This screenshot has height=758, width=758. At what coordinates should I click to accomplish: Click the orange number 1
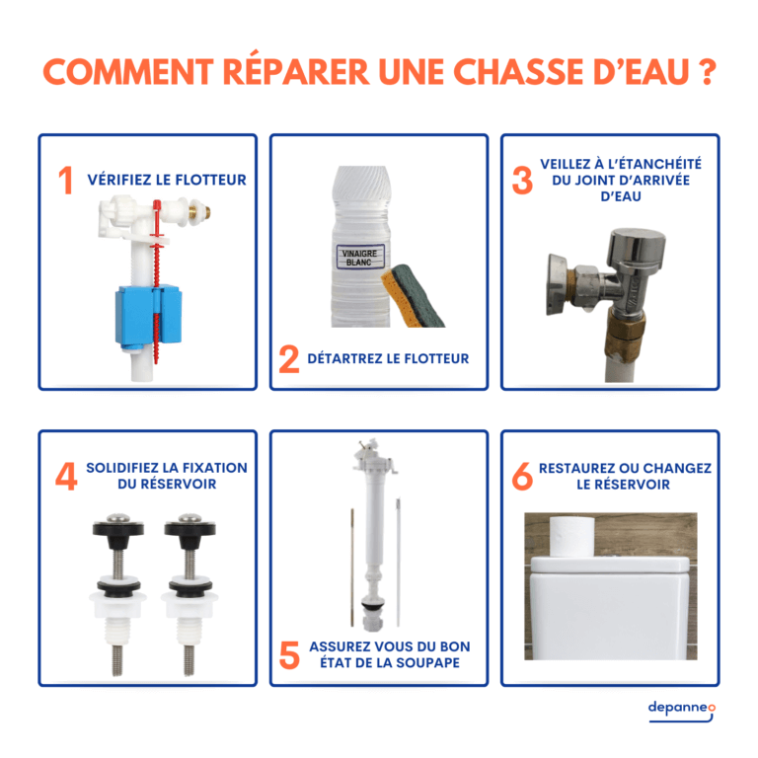click(x=66, y=181)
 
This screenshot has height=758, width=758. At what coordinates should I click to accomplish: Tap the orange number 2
click(x=289, y=359)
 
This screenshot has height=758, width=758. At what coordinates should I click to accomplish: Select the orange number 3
click(x=522, y=180)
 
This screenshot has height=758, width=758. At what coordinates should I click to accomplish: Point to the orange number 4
click(x=66, y=476)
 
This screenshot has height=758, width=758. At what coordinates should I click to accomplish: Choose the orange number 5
click(x=289, y=655)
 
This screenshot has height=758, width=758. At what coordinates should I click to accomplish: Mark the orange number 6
click(x=522, y=476)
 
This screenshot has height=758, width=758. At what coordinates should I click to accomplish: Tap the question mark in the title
click(x=706, y=73)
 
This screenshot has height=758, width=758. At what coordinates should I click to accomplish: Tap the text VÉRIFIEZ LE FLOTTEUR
click(x=167, y=180)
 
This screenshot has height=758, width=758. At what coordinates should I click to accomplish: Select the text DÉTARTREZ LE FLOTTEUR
click(x=388, y=358)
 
